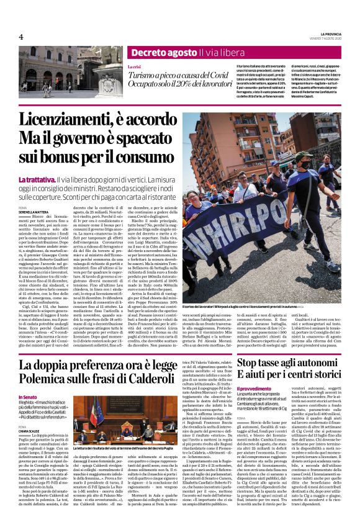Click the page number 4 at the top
[x=21, y=37]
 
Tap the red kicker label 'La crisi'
[x=135, y=66]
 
